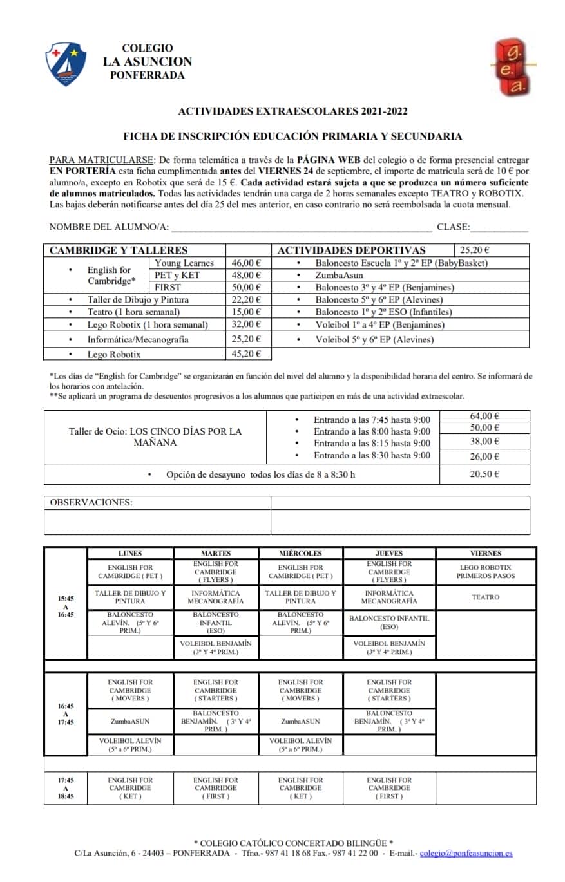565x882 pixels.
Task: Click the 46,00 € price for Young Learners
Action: click(246, 263)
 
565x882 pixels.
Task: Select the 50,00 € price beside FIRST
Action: click(246, 287)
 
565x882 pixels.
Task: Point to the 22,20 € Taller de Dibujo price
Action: click(246, 299)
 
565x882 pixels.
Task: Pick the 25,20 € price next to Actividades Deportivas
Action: click(475, 250)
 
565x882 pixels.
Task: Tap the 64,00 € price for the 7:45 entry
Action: click(484, 416)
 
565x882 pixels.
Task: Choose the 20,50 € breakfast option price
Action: click(484, 474)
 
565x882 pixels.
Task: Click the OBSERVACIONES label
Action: click(91, 502)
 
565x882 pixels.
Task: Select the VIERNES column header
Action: click(485, 553)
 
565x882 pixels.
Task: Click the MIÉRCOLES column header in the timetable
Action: click(300, 553)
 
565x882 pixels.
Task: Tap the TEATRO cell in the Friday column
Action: click(485, 597)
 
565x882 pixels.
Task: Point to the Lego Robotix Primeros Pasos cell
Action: click(485, 572)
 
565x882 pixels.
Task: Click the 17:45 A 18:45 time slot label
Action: click(65, 788)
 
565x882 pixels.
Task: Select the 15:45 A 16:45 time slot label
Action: click(65, 606)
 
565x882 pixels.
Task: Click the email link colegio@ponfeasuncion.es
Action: click(466, 853)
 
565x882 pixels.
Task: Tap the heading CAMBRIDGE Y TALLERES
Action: click(119, 250)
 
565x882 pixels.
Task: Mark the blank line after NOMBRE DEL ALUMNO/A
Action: click(301, 228)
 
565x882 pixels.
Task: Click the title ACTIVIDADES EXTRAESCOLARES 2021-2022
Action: click(292, 111)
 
